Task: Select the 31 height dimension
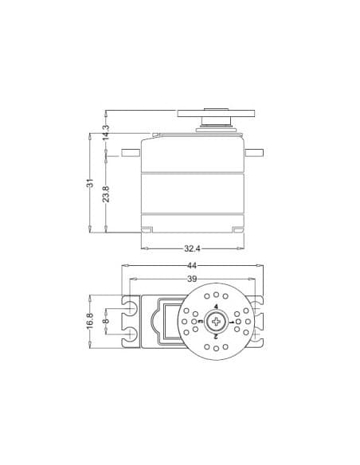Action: coord(90,183)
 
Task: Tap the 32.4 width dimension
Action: coord(192,248)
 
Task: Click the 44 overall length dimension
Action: coord(191,264)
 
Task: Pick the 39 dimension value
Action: coord(191,279)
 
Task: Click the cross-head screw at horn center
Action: coord(216,321)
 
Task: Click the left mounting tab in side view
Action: coord(131,152)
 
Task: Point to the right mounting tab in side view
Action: coord(252,152)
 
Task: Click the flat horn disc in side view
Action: coord(215,112)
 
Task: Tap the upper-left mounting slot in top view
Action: coord(129,308)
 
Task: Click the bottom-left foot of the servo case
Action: coord(147,229)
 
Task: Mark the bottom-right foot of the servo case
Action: coord(237,229)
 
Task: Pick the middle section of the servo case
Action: coord(192,193)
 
